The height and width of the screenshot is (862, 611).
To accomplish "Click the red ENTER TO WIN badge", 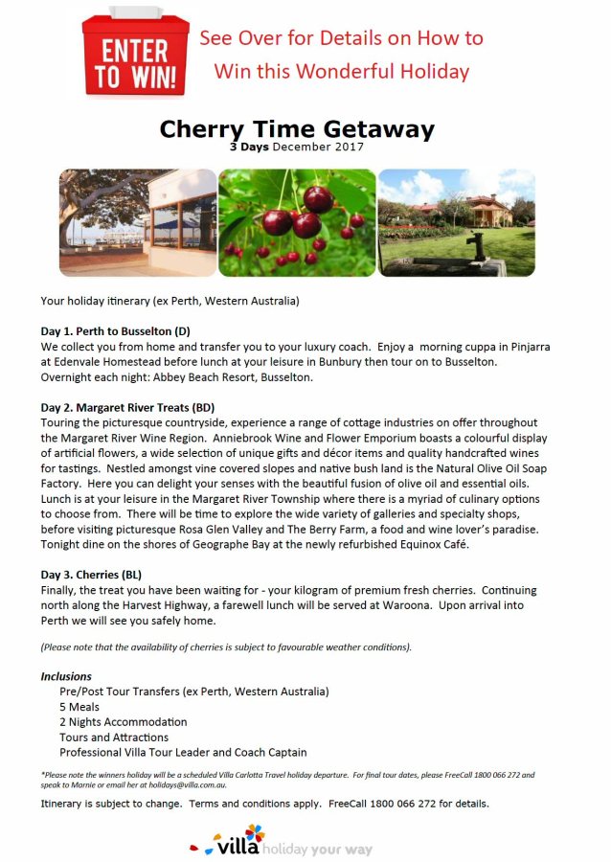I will [135, 54].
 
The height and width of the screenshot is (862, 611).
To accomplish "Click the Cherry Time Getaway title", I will [297, 129].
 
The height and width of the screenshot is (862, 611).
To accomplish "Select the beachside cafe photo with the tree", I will [138, 223].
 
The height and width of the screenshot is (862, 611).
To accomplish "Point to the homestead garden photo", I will [457, 223].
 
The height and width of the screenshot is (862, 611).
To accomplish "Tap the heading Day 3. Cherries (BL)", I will [92, 574].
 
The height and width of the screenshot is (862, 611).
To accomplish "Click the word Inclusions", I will [66, 676].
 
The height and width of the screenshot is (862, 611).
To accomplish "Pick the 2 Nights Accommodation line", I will [123, 722].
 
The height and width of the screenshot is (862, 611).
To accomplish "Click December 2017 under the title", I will [319, 147].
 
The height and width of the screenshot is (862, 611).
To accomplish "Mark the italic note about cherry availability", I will [226, 647].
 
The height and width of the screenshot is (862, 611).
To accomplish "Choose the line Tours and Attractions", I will [114, 737].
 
